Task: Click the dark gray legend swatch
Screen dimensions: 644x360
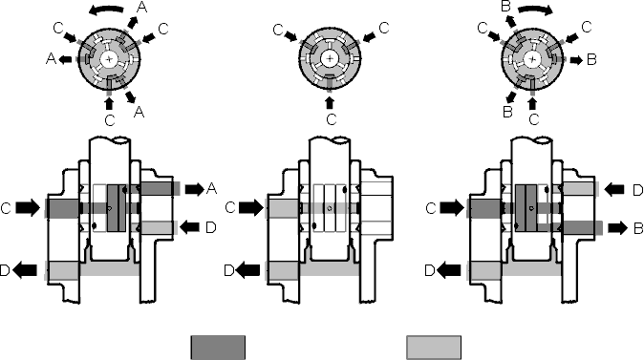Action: [218, 348]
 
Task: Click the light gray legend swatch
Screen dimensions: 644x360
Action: [434, 348]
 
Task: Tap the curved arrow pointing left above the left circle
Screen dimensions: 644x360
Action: [107, 11]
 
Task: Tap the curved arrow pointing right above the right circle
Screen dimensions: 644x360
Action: [536, 11]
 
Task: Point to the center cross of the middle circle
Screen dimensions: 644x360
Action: [330, 58]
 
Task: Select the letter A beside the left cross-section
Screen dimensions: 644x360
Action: [211, 189]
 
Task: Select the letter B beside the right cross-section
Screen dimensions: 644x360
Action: [638, 228]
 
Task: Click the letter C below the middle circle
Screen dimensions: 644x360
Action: [331, 120]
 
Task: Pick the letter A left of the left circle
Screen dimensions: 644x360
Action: [51, 59]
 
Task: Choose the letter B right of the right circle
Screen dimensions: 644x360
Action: [591, 59]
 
